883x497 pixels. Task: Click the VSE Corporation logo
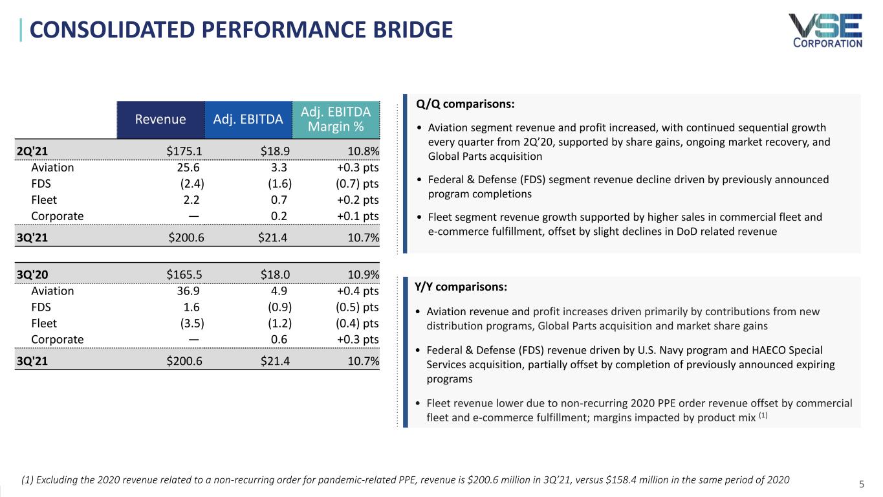pos(825,30)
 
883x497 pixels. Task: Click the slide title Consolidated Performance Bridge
pos(240,30)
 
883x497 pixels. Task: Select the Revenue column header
pos(160,119)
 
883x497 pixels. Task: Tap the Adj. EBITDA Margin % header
pos(336,119)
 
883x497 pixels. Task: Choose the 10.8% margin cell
pos(363,151)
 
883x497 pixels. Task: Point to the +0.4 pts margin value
pos(353,291)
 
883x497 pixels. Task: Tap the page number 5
pos(861,483)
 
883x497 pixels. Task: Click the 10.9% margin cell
pos(363,274)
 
